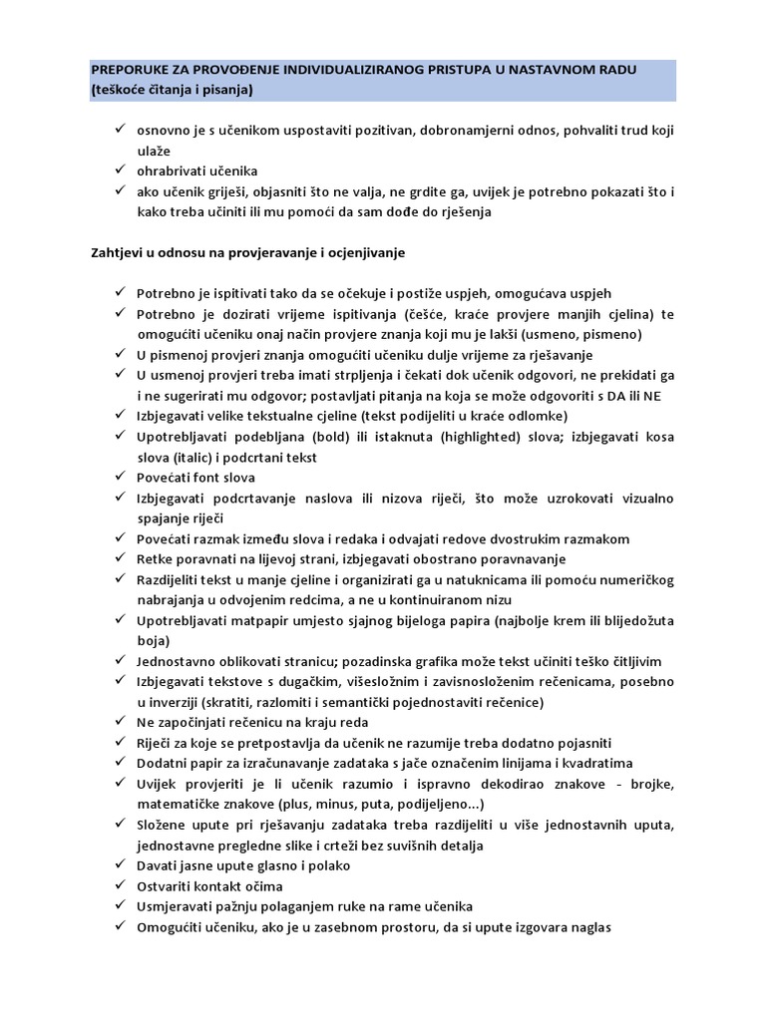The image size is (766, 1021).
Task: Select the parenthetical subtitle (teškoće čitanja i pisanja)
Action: pos(173,91)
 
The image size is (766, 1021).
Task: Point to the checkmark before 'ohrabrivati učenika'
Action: pos(118,170)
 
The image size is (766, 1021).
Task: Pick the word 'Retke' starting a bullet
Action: pos(156,558)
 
